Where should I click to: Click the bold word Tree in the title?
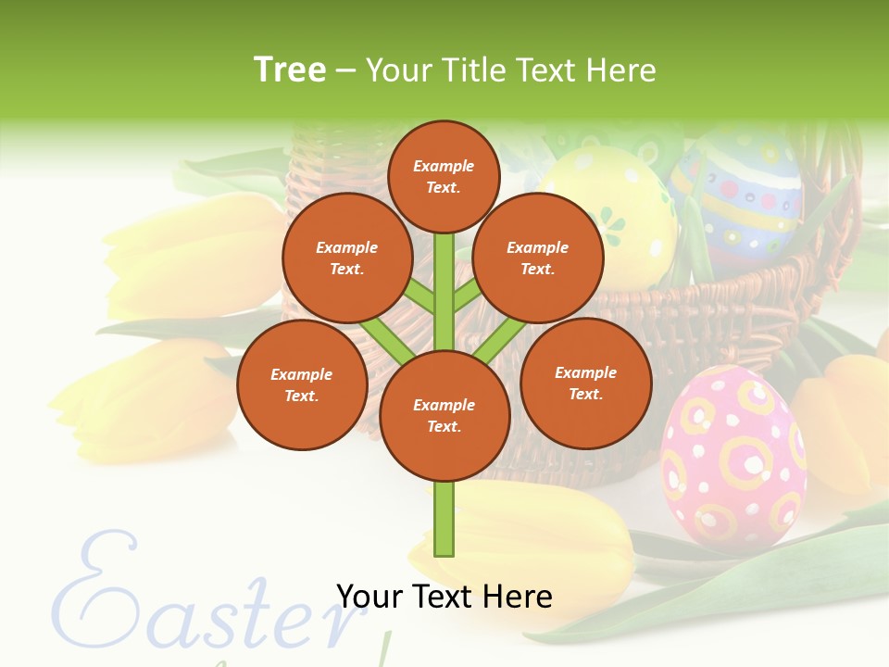(290, 69)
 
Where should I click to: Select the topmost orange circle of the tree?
(444, 176)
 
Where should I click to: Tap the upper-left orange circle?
(347, 258)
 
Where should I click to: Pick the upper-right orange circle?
(538, 258)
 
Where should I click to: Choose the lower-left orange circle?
(302, 384)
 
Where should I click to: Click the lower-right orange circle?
(585, 383)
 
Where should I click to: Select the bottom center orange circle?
(444, 416)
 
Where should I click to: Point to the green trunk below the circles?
(444, 519)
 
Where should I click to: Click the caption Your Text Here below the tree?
(444, 597)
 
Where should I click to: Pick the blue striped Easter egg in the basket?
(741, 199)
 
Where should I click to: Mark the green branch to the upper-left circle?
(421, 299)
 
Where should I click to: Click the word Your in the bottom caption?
(369, 597)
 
